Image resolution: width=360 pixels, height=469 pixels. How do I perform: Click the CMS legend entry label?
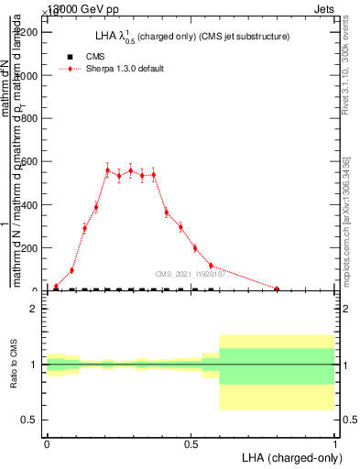(x=95, y=57)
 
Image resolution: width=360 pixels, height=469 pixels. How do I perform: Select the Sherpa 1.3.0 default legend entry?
(x=125, y=69)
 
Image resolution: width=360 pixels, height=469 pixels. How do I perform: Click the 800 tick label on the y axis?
(x=30, y=119)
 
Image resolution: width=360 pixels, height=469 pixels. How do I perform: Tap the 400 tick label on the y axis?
(x=30, y=205)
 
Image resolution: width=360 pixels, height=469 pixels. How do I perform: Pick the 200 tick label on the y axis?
(x=30, y=248)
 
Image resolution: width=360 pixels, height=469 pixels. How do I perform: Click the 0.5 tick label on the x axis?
(x=191, y=444)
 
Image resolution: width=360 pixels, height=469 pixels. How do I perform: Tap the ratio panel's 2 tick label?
(x=34, y=310)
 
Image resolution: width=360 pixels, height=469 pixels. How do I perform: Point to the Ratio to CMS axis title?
(x=14, y=365)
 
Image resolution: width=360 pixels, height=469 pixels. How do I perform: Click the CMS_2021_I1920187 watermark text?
(x=190, y=274)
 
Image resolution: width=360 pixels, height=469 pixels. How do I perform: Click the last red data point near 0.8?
(x=277, y=289)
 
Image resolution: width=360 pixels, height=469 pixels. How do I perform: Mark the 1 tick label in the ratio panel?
(x=34, y=365)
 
